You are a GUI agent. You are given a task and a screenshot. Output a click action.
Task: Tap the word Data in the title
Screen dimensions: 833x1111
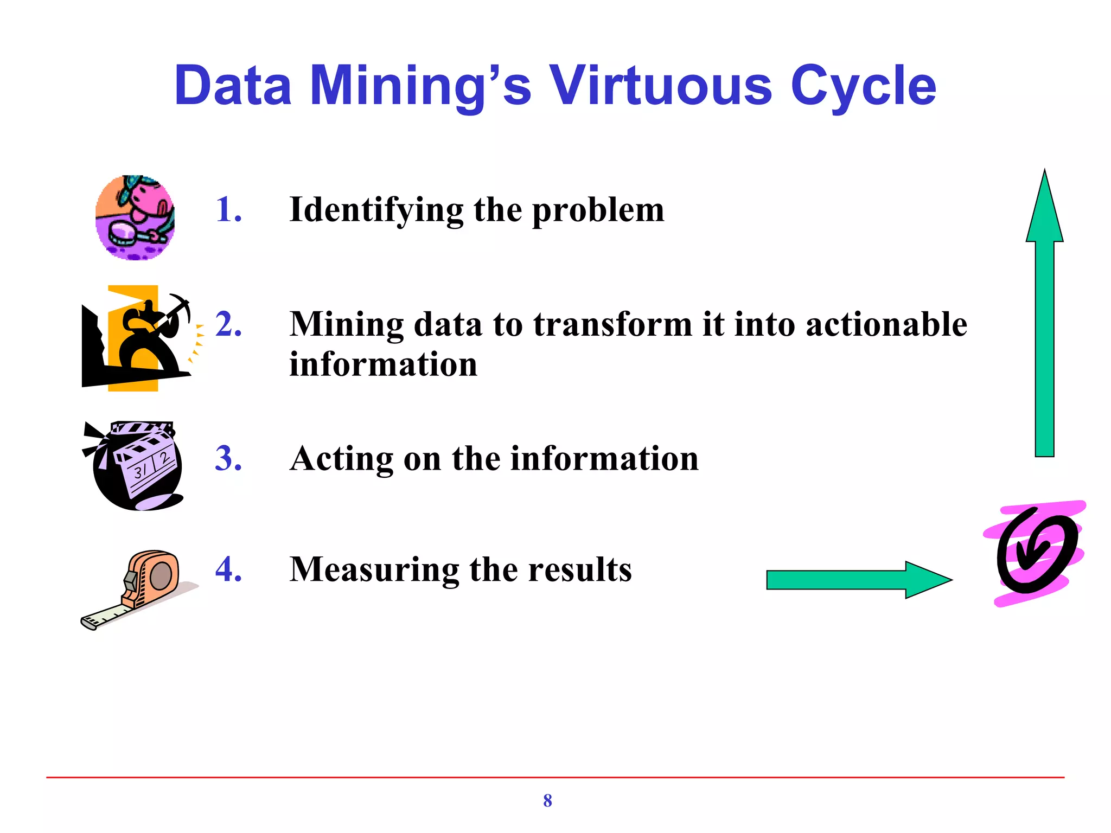(233, 86)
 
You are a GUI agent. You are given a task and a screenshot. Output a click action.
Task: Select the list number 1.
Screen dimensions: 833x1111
(228, 209)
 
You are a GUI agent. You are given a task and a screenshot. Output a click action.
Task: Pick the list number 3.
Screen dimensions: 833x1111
(228, 458)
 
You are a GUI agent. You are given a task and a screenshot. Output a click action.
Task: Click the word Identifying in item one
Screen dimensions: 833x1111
(376, 210)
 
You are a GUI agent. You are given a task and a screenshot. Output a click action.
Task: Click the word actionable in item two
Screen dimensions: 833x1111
(886, 324)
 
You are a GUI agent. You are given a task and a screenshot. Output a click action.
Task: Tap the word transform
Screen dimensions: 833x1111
(612, 324)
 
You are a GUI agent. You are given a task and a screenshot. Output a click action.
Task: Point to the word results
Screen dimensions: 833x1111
(580, 570)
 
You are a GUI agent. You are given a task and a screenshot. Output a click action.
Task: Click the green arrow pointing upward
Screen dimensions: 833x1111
(1044, 315)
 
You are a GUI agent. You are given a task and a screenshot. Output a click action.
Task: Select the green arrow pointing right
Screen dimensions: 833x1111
(857, 580)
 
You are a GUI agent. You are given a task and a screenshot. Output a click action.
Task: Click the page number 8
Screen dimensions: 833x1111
(547, 800)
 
